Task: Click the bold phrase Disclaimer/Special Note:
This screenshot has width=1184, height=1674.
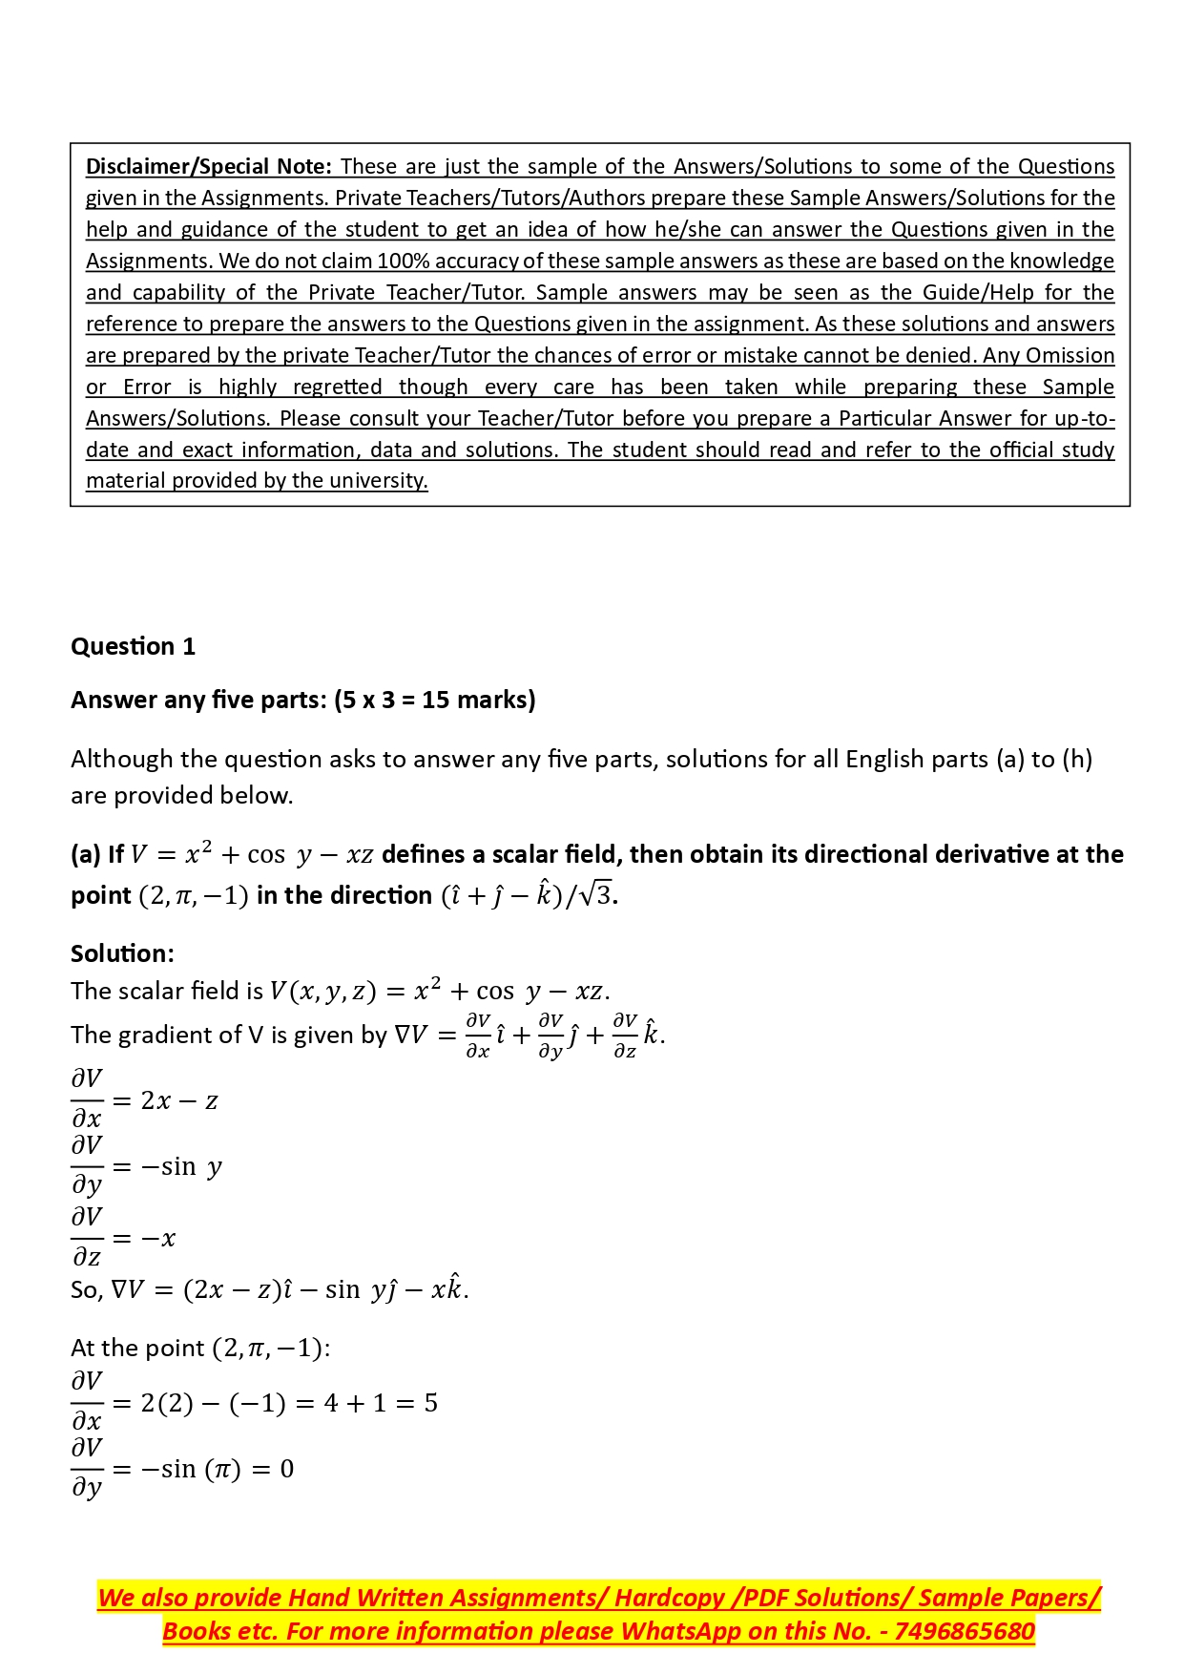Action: tap(208, 167)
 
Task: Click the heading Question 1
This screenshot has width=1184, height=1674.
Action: tap(133, 647)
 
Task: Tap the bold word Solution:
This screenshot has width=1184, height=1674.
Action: tap(122, 953)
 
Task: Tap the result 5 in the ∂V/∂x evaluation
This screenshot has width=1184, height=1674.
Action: tap(431, 1403)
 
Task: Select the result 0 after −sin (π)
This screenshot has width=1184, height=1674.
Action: tap(287, 1469)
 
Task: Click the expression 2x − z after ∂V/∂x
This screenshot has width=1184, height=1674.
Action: tap(179, 1101)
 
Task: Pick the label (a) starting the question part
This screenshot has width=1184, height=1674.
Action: tap(86, 854)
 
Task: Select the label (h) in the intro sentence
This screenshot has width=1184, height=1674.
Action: tap(1077, 760)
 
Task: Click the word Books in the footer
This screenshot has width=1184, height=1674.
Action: tap(193, 1631)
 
